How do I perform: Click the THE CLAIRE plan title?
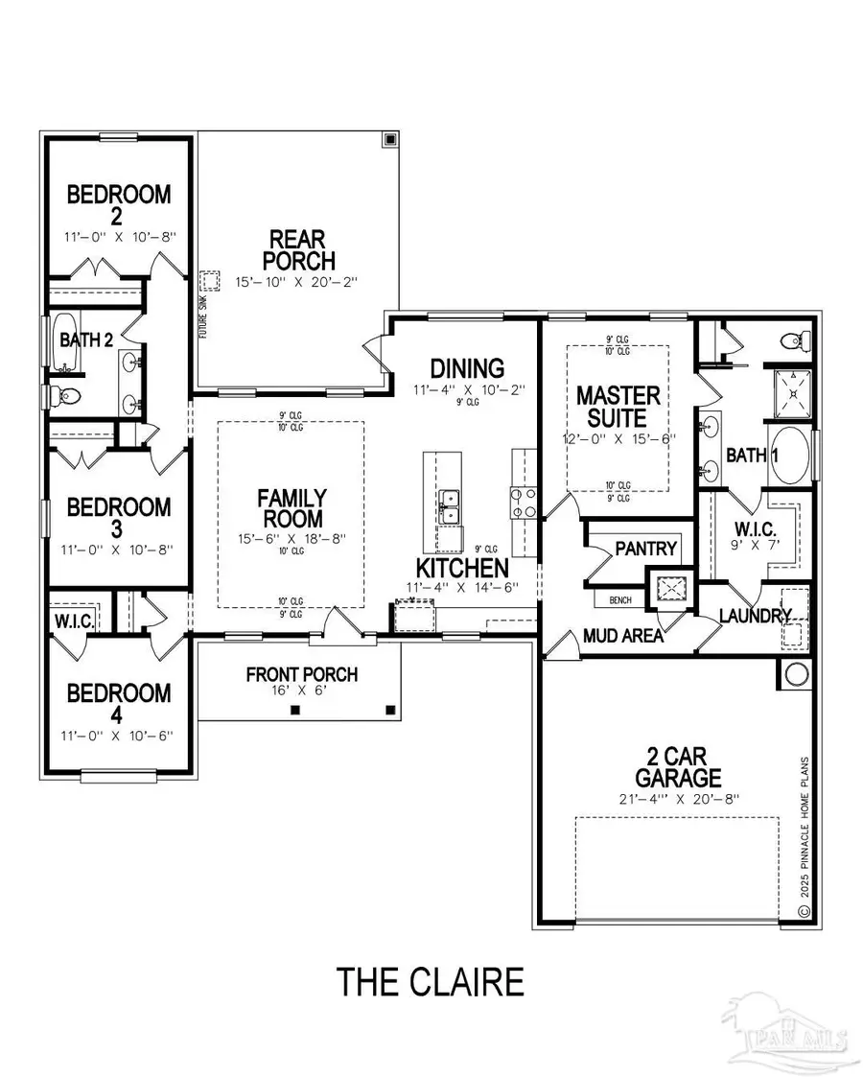pos(431,981)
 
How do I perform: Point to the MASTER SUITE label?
pos(618,407)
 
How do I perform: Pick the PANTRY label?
pos(645,550)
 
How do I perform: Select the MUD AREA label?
pos(623,635)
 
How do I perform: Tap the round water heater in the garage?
pos(798,674)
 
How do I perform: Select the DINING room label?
pos(467,368)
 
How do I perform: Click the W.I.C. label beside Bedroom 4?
pos(75,620)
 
